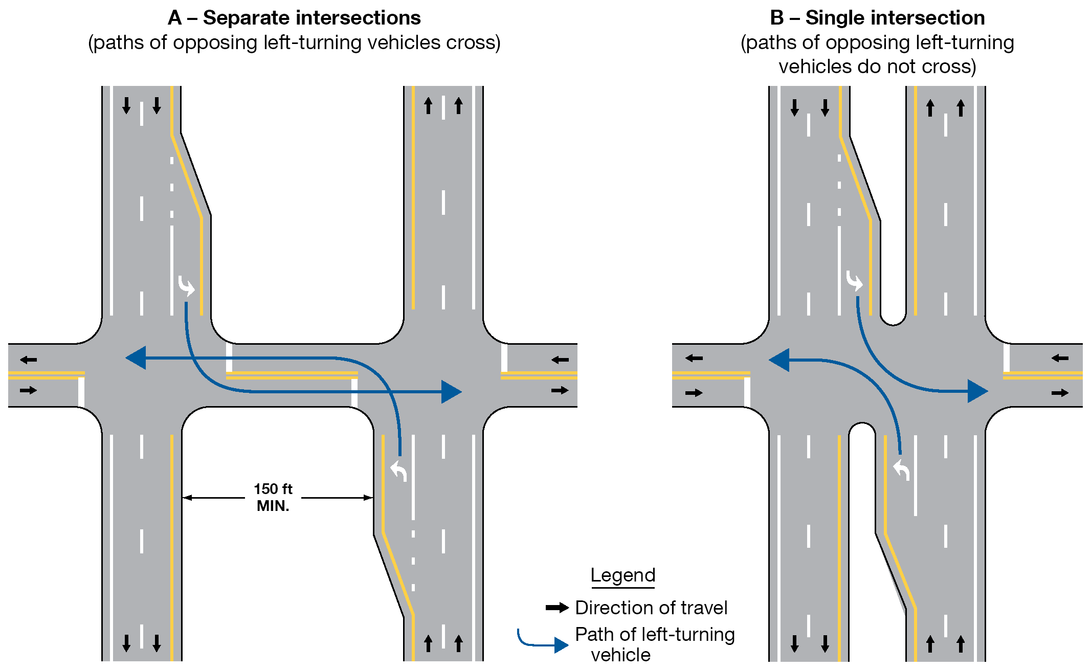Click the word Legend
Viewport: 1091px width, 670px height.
click(622, 575)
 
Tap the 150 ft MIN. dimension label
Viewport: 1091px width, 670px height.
click(273, 497)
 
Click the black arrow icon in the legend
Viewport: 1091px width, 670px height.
click(557, 608)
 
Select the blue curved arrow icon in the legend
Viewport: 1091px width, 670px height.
click(543, 641)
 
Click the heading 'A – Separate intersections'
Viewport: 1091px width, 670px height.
click(294, 18)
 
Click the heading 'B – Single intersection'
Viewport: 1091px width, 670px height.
click(877, 18)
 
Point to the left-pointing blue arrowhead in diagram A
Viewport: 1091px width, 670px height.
click(136, 358)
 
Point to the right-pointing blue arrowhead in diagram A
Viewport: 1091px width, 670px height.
click(451, 392)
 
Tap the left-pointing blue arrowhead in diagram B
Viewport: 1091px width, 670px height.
click(779, 360)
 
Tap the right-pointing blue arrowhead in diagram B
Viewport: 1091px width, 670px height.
click(977, 391)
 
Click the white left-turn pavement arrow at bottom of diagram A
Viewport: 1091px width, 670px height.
click(398, 470)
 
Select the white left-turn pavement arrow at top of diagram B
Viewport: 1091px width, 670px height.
click(854, 281)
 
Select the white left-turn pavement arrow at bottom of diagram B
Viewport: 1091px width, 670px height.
click(902, 470)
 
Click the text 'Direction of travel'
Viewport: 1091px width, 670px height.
click(651, 608)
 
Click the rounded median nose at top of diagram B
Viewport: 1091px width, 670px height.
click(893, 320)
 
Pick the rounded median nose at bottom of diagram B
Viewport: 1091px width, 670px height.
click(862, 429)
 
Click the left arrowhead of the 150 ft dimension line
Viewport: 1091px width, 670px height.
click(187, 498)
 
